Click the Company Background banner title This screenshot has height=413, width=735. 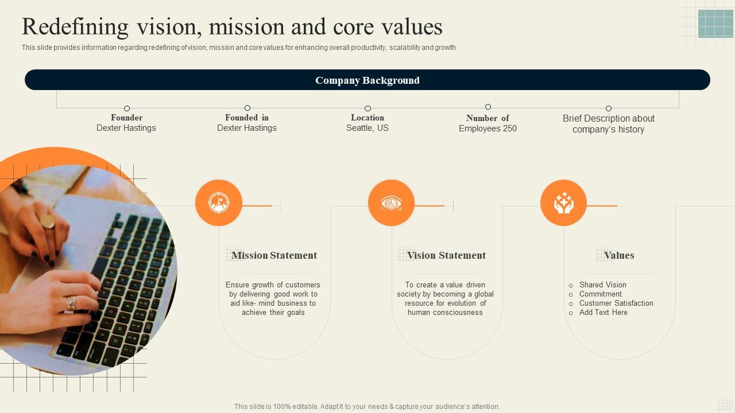[367, 80]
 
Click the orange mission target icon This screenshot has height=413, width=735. [218, 202]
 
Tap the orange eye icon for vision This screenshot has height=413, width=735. [391, 202]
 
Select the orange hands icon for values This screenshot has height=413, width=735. [563, 202]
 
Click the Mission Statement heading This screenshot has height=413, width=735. [274, 255]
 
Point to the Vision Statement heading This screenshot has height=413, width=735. [446, 255]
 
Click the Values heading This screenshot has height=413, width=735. [619, 255]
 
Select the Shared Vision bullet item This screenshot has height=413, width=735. [602, 285]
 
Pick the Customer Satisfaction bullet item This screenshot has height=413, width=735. [616, 303]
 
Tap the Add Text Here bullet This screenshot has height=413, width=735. [603, 312]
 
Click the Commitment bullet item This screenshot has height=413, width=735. [600, 294]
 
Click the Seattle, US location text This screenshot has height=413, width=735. [367, 128]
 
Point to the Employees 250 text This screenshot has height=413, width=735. [488, 128]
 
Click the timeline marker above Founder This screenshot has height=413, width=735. [127, 108]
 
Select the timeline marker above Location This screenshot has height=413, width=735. [367, 108]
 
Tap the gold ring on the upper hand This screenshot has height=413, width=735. [47, 221]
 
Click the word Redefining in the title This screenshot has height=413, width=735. [75, 27]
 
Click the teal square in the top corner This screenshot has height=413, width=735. [715, 24]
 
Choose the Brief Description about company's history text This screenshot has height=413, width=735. [609, 124]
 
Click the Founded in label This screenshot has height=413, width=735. [247, 118]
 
